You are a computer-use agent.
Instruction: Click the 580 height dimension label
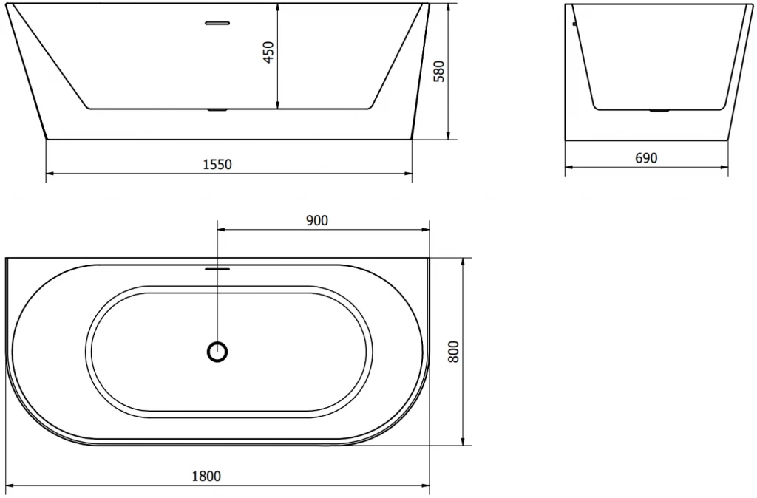pos(438,71)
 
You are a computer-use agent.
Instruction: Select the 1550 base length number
pos(217,164)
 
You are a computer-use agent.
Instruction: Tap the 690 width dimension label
pos(645,157)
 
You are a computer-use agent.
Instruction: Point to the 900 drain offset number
pos(316,219)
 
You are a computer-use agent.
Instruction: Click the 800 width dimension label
pos(454,352)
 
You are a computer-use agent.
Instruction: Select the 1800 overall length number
pos(206,476)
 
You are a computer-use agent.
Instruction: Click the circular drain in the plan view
pos(217,352)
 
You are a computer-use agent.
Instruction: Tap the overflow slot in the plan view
pos(217,269)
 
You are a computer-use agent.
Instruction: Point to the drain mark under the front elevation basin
pos(217,111)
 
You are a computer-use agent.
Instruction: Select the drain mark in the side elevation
pos(657,112)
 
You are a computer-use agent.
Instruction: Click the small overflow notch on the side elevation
pos(574,23)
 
